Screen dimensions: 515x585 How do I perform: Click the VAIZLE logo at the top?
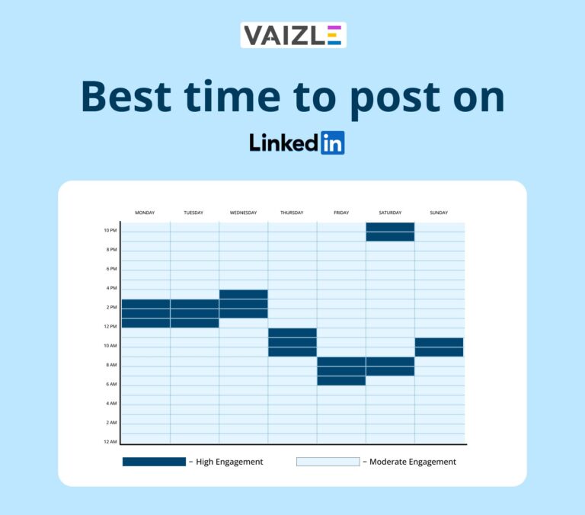[x=293, y=35]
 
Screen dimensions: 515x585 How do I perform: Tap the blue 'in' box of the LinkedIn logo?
[x=332, y=142]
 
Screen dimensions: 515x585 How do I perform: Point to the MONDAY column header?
[x=145, y=213]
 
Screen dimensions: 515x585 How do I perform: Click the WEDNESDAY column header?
[x=243, y=213]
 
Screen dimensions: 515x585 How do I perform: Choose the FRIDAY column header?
[x=341, y=213]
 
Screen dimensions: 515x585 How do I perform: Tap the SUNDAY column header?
[x=439, y=213]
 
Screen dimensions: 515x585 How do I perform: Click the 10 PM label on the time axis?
[x=110, y=230]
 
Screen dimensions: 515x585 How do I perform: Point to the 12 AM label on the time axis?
[x=110, y=442]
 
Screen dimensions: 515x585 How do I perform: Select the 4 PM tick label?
[x=111, y=288]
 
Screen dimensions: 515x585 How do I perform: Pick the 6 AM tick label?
[x=111, y=384]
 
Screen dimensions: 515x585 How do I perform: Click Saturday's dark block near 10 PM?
[x=390, y=232]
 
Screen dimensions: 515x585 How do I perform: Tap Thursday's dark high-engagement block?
[x=292, y=342]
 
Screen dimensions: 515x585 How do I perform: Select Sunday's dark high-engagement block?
[x=439, y=347]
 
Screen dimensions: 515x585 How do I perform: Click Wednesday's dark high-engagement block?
[x=243, y=303]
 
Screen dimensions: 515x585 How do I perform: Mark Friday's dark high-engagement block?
[x=341, y=371]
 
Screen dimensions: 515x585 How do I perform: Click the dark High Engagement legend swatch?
[x=154, y=462]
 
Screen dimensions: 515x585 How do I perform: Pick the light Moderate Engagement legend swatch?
[x=328, y=462]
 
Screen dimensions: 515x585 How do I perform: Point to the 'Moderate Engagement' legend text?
[x=412, y=462]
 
